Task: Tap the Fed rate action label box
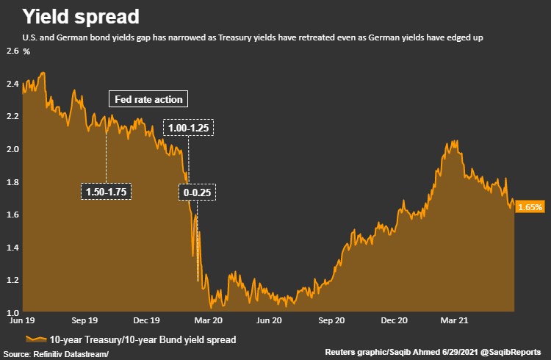coord(149,99)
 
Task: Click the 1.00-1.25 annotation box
coord(189,128)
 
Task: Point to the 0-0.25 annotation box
coord(198,192)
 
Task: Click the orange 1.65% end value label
coord(530,207)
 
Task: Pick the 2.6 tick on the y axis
coord(12,51)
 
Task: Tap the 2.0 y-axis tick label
coord(12,149)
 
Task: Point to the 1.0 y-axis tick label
coord(12,312)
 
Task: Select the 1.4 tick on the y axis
coord(12,247)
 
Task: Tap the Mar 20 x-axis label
coord(208,321)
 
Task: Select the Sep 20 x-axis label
coord(331,321)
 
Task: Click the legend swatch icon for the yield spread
coord(36,339)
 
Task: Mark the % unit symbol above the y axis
coord(26,51)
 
